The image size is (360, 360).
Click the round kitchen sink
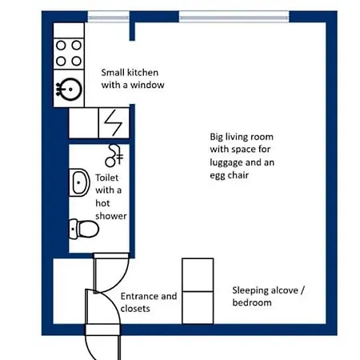[x=70, y=90]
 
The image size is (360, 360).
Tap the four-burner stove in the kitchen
[x=69, y=54]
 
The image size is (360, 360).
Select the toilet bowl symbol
[x=84, y=229]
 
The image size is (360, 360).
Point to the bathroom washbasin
[x=79, y=182]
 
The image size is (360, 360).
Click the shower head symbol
[x=114, y=156]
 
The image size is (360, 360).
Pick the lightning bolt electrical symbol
[x=113, y=122]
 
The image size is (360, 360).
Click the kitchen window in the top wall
[x=109, y=17]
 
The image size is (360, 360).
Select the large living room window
[x=234, y=17]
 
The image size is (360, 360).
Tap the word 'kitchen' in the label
[x=142, y=72]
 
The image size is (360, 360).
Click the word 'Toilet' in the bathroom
[x=106, y=178]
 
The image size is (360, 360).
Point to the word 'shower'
[x=111, y=216]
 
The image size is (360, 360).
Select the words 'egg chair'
[x=229, y=176]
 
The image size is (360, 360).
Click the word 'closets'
[x=135, y=309]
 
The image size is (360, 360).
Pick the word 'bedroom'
[x=252, y=302]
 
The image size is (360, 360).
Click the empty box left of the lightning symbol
[x=84, y=123]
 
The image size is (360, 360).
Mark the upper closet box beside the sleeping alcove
[x=198, y=274]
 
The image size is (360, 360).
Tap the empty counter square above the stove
[x=69, y=30]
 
